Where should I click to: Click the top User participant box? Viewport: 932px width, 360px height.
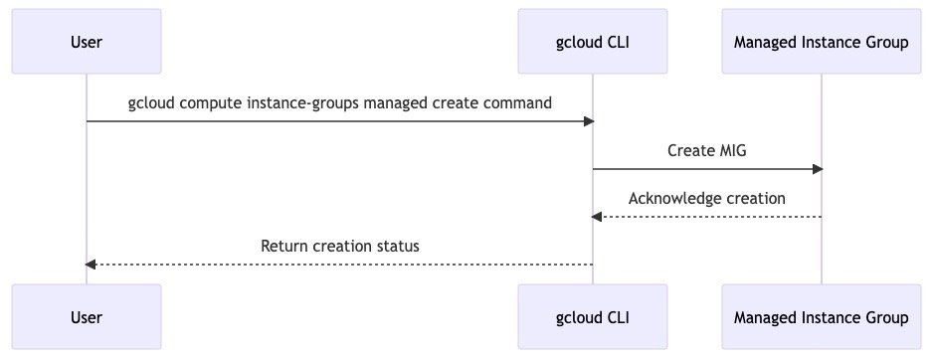pos(87,42)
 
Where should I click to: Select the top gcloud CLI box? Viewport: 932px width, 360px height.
pos(593,42)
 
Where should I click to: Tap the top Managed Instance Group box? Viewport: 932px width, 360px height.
pos(821,42)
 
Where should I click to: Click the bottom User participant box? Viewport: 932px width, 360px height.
pos(87,317)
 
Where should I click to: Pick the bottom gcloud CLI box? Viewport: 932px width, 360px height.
pos(593,317)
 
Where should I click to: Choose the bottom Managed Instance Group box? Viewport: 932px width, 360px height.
pos(821,317)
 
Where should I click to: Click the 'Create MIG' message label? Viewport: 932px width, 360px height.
pos(706,150)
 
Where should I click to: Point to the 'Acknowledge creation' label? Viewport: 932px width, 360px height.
pos(706,198)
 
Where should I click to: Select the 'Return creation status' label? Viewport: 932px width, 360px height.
pos(339,246)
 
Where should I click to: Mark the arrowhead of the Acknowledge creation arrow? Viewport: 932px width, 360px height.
pos(598,217)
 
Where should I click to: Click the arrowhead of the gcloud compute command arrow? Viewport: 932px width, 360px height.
pos(589,121)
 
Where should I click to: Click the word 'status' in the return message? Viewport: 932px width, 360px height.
pos(397,246)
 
